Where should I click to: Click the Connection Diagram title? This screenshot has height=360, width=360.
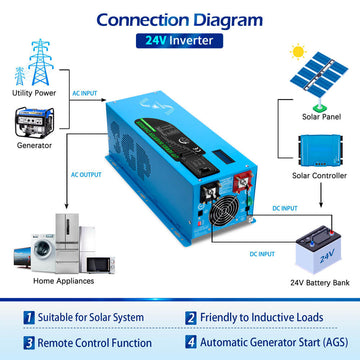180,18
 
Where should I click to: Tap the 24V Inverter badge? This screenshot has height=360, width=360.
180,41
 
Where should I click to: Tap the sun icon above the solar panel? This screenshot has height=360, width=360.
299,50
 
